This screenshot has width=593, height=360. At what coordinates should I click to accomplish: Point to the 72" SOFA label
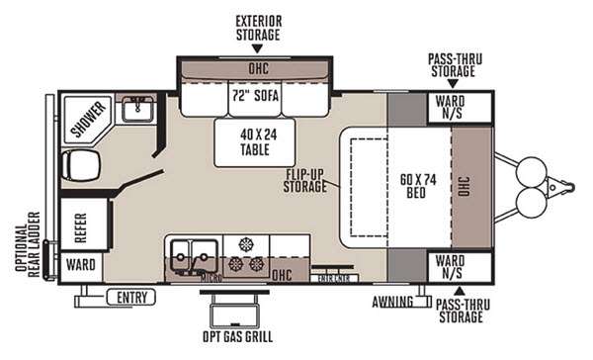click(x=256, y=97)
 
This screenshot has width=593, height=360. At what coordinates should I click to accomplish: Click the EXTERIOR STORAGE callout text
click(x=257, y=27)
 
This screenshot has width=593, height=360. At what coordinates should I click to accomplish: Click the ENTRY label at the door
click(x=133, y=296)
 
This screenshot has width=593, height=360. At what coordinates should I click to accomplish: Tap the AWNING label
click(x=393, y=301)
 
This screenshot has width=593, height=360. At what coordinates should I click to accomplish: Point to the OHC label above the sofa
click(x=256, y=70)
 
